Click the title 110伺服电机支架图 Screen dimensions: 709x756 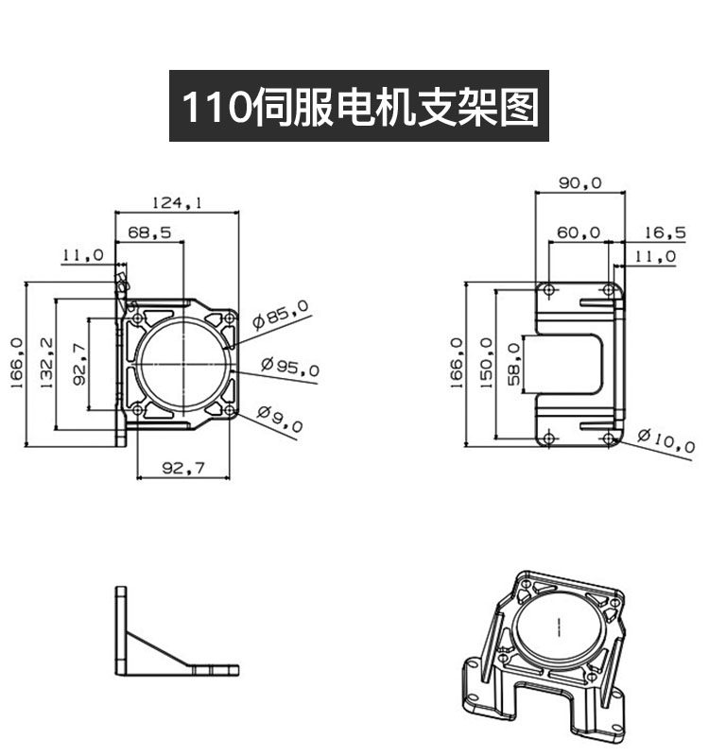tap(359, 107)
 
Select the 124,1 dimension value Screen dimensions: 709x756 tap(178, 202)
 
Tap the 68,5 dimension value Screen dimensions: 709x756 tap(149, 232)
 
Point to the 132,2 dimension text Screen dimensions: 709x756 tap(46, 363)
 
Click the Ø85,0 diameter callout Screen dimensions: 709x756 tap(281, 314)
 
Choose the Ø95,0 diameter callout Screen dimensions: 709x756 tap(290, 367)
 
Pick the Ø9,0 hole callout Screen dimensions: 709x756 tap(280, 419)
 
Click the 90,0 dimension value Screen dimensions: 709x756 tap(580, 182)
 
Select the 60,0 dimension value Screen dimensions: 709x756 tap(579, 232)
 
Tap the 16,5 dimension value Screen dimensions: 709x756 tap(666, 232)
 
